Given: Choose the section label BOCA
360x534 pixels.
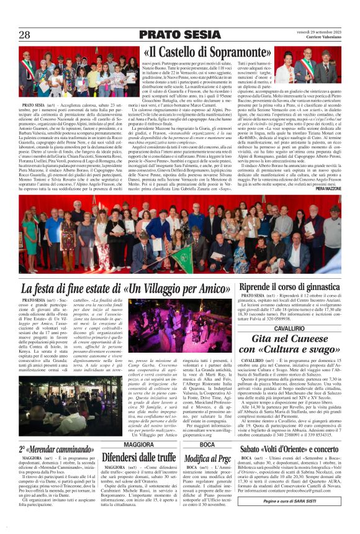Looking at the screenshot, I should click(x=207, y=428).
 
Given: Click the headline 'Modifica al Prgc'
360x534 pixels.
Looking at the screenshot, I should click(x=207, y=440).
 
